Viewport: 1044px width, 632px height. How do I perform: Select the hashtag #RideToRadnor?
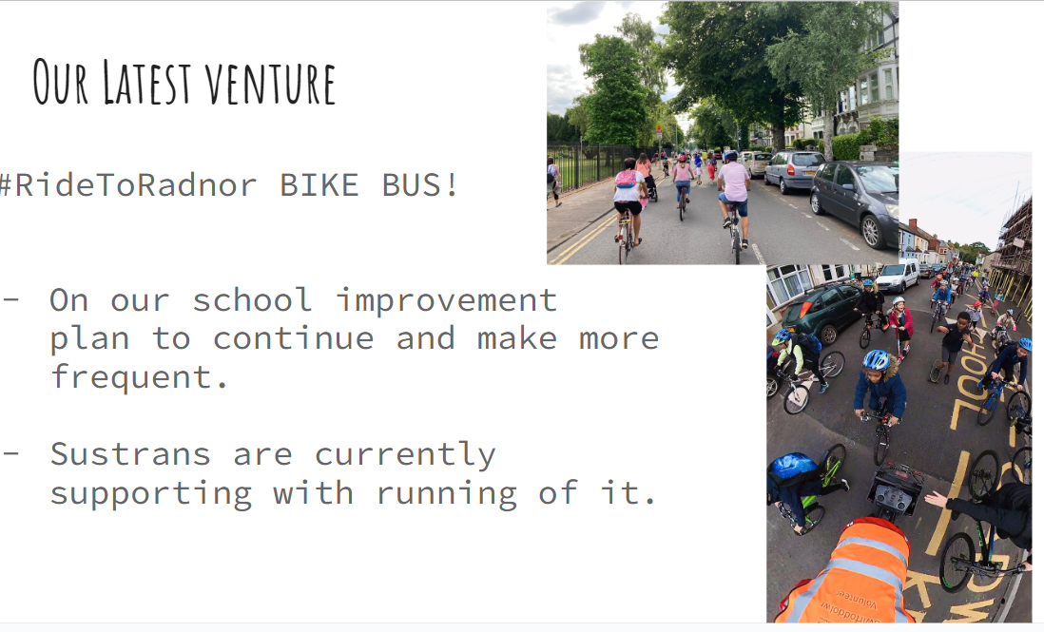coord(127,185)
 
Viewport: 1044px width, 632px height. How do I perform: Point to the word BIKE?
coord(319,185)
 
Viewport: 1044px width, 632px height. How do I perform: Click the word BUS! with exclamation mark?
coord(419,185)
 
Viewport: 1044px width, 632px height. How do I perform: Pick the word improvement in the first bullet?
coord(446,300)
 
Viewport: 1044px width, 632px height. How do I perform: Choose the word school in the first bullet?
coord(252,300)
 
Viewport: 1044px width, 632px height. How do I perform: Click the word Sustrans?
coord(130,455)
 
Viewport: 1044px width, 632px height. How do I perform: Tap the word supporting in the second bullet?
coord(151,494)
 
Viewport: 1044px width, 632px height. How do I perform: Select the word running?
coord(447,494)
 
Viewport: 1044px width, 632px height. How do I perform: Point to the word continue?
coord(293,338)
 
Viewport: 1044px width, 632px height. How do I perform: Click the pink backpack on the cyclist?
coord(626,179)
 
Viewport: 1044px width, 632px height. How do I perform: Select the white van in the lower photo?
coord(898,276)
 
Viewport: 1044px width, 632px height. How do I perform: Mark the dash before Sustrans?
coord(10,453)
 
